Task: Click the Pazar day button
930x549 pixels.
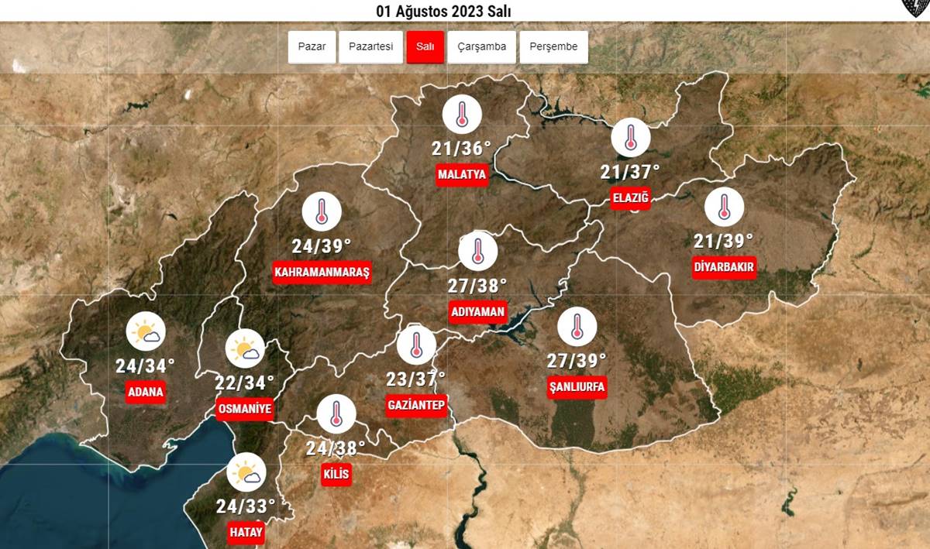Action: (x=312, y=47)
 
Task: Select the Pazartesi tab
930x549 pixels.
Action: (x=370, y=47)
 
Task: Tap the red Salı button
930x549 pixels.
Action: (x=425, y=47)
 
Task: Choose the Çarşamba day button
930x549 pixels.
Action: (x=481, y=47)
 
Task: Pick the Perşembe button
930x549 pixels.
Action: (x=553, y=47)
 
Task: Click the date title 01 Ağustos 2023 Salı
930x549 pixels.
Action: (x=443, y=12)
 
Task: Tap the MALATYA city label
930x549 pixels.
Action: (x=462, y=174)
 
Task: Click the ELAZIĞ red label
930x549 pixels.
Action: (x=631, y=198)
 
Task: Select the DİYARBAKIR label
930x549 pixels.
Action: (x=724, y=267)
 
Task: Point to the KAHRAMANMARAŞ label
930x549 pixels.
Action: (x=322, y=273)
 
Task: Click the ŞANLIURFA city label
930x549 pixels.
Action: (x=577, y=387)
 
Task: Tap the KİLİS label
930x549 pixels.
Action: (x=336, y=474)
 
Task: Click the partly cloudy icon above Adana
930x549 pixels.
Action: (x=146, y=334)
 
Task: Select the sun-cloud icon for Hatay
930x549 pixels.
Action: (x=246, y=472)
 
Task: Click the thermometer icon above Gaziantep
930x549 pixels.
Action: (x=416, y=345)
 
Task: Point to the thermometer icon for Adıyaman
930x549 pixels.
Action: (x=477, y=251)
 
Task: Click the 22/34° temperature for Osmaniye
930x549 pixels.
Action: (x=245, y=383)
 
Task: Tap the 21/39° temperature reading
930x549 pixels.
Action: (x=724, y=240)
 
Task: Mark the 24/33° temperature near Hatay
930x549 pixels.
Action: (x=246, y=506)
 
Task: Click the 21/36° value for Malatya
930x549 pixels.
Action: (x=462, y=148)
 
